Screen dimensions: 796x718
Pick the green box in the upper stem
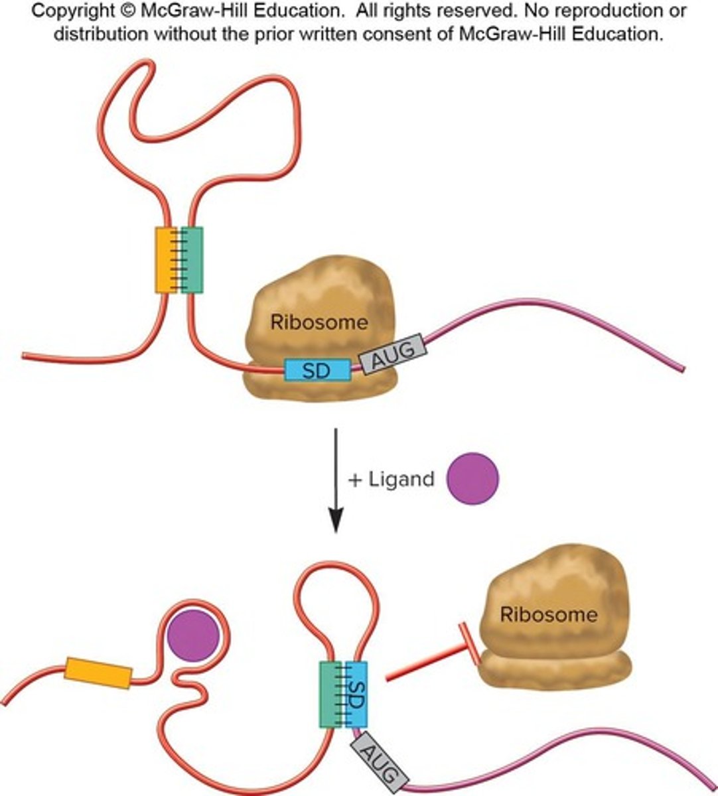coord(192,260)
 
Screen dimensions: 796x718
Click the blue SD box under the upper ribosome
coord(317,370)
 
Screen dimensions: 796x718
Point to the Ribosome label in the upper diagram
coord(319,322)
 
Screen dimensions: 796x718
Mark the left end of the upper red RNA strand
coord(25,356)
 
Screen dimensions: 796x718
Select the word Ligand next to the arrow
coord(402,479)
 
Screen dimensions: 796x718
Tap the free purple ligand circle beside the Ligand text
coord(472,479)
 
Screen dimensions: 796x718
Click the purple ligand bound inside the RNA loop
coord(193,636)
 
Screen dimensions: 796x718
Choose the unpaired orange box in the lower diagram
coord(98,673)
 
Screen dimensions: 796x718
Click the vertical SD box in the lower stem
coord(357,695)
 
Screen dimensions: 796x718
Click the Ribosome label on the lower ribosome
coord(548,614)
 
